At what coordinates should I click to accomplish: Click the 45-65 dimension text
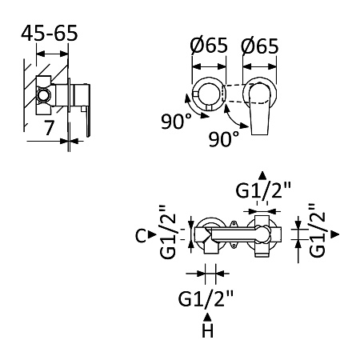point(50,34)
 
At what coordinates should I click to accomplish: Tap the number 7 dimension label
point(49,127)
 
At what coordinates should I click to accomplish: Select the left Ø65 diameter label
point(209,45)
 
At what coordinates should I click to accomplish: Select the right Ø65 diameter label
point(259,46)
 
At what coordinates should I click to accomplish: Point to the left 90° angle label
point(176,121)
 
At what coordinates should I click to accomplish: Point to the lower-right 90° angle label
point(224,138)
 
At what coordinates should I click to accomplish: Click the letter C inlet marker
point(141,236)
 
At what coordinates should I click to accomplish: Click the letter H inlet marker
point(208,331)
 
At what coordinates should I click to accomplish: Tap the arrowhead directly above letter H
point(207,318)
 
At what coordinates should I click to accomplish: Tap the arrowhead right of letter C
point(152,234)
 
